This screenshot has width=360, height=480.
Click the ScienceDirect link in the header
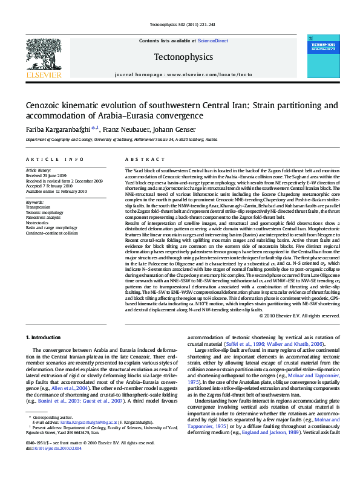pos(212,41)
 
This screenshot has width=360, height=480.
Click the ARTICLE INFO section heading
pos(54,159)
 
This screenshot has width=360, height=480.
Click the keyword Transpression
pos(38,207)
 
